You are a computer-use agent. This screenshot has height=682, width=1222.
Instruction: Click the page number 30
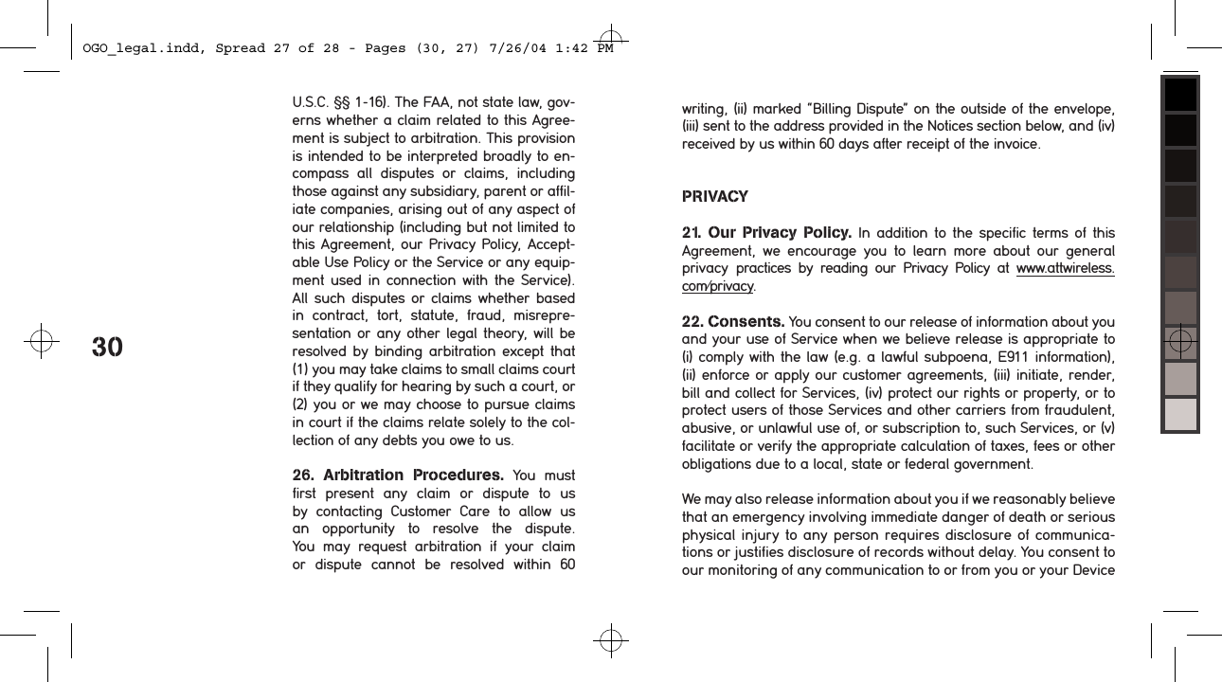click(x=107, y=347)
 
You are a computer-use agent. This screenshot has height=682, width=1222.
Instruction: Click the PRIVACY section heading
click(x=715, y=197)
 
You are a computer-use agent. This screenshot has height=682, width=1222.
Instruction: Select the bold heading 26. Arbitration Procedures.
click(x=399, y=475)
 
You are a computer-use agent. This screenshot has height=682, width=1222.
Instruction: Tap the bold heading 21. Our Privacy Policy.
click(x=766, y=233)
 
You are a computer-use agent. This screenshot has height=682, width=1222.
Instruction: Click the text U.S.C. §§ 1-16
click(x=338, y=102)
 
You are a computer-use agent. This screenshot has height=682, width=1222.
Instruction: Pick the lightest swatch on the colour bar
click(x=1180, y=414)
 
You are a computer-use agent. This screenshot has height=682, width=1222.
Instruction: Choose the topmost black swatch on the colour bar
click(x=1180, y=96)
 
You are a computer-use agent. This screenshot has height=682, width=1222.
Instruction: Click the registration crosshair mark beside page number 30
click(x=41, y=341)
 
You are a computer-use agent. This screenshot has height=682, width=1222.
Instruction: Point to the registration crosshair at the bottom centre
click(x=611, y=641)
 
